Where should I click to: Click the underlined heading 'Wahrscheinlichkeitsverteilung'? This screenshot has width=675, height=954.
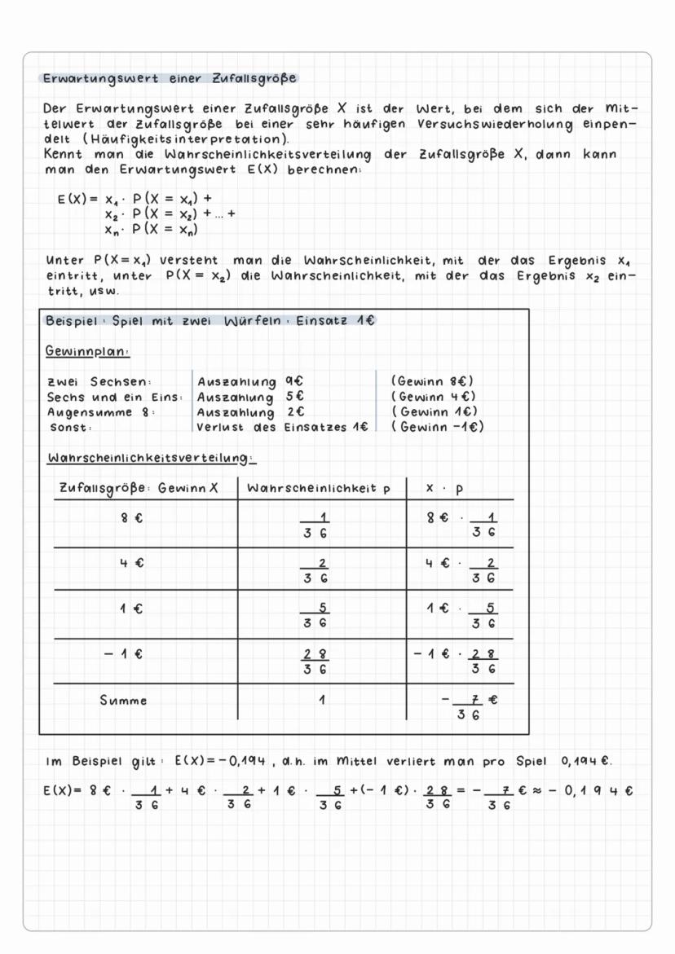pos(152,459)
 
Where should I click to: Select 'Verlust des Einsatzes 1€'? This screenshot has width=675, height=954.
pos(282,427)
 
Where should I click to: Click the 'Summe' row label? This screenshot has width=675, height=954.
pos(123,700)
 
